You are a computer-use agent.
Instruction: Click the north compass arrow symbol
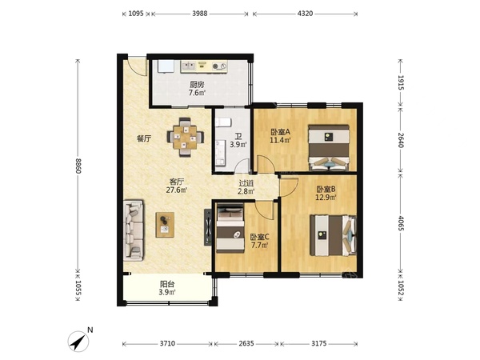pos(78,341)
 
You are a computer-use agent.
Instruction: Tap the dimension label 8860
pos(78,166)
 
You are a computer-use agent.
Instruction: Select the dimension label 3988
pos(200,14)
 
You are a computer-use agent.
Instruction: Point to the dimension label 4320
pos(306,14)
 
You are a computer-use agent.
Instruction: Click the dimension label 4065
pos(401,224)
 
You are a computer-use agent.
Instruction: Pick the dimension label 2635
pos(246,343)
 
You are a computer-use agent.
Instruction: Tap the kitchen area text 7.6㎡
pos(197,93)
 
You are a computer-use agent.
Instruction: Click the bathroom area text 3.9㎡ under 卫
pos(238,145)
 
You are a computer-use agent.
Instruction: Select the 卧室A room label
pos(280,132)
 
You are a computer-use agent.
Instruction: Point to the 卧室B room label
pos(326,189)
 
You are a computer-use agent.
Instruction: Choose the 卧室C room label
pos(259,237)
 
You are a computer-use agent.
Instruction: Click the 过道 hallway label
pos(246,183)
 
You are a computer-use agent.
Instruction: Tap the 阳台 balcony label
pos(167,284)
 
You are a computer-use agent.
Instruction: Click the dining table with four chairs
pos(186,137)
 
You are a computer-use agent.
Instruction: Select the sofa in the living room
pos(134,230)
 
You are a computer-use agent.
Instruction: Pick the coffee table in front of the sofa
pos(165,225)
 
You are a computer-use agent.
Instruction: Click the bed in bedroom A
pos(329,147)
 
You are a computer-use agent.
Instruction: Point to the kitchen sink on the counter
pos(189,66)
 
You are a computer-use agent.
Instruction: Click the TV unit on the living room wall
pos(208,227)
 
